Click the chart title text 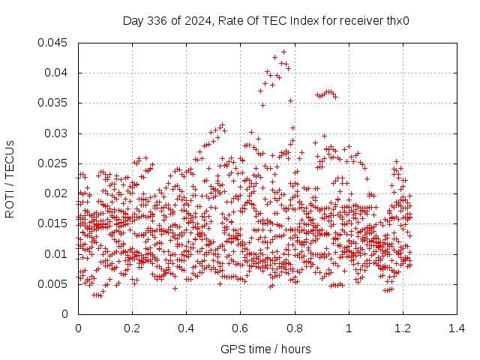click(x=265, y=21)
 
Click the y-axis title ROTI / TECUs click(x=10, y=179)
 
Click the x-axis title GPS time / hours click(x=265, y=349)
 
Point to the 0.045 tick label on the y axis click(x=52, y=43)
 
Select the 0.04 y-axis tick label click(x=55, y=73)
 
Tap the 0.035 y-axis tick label click(x=52, y=103)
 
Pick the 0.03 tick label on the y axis click(x=55, y=133)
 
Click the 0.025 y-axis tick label click(x=52, y=163)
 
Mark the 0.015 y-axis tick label click(x=52, y=223)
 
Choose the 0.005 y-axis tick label click(x=52, y=284)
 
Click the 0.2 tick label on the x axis click(x=132, y=328)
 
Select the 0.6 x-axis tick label click(x=240, y=328)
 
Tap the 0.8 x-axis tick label click(x=295, y=328)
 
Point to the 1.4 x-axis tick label click(x=457, y=328)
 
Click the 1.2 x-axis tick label click(x=403, y=328)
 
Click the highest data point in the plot click(x=283, y=52)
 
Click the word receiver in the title click(x=361, y=22)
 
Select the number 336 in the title click(x=157, y=21)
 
